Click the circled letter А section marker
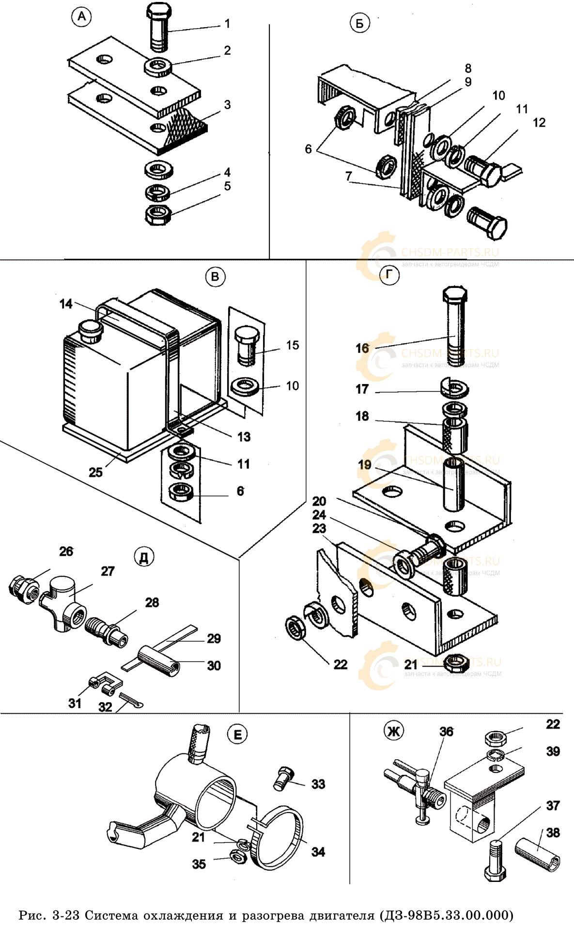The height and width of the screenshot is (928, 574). pos(81,17)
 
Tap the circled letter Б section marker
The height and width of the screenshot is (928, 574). pos(359,23)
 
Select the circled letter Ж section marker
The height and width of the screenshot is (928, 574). pos(393,730)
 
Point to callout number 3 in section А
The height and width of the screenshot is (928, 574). pos(227,105)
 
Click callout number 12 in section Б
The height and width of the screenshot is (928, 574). pos(539,123)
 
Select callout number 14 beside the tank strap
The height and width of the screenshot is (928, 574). pos(66,304)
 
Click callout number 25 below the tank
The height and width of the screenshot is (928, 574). pos(95,472)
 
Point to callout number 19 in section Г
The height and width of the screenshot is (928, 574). pos(364,465)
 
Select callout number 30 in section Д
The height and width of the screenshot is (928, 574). pos(214,666)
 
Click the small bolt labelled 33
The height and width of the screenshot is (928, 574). pos(282,778)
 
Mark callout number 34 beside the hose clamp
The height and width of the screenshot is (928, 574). pos(318,851)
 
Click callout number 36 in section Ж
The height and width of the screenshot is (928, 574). pos(446,732)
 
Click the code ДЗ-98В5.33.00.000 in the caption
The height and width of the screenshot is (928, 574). pos(446,915)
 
